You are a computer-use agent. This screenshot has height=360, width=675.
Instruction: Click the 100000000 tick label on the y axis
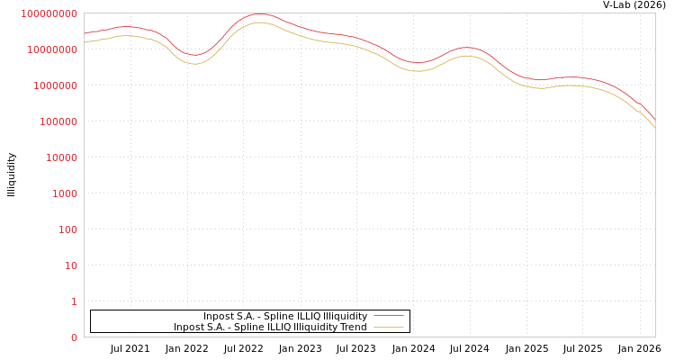(x=49, y=13)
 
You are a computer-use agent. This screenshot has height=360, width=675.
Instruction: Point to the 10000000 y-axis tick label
(x=52, y=49)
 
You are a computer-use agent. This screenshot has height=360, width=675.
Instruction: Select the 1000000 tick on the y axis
(x=55, y=85)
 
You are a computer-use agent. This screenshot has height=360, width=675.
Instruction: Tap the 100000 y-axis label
(x=58, y=121)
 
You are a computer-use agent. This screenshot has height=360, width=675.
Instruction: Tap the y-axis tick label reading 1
(x=74, y=301)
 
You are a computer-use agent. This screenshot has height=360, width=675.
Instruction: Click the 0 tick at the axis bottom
(x=74, y=337)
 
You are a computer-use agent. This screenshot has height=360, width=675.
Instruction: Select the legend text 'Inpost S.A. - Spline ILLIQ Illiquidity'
(x=284, y=316)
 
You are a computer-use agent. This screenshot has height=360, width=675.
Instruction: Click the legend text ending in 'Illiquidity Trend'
(x=270, y=327)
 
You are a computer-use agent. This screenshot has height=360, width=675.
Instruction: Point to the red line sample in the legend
(x=388, y=316)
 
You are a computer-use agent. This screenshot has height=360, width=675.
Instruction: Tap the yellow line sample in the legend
(x=388, y=327)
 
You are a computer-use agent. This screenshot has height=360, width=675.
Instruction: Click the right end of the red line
(x=654, y=120)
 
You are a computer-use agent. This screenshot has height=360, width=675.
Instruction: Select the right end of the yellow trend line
(x=654, y=128)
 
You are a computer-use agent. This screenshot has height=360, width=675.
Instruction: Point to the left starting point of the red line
(x=85, y=33)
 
